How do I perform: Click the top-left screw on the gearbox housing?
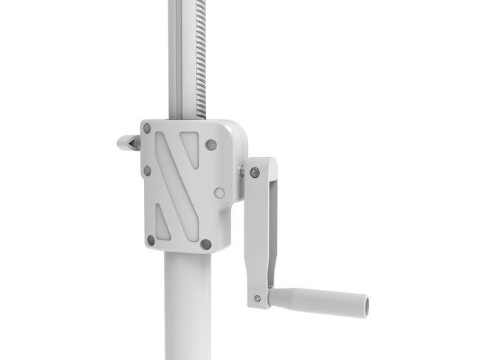(147, 128)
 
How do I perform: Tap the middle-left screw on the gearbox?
(147, 170)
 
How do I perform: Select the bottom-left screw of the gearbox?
(151, 240)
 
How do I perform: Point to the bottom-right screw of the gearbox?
(207, 243)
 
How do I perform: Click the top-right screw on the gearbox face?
(211, 145)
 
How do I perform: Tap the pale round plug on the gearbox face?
(219, 193)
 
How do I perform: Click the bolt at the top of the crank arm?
(255, 173)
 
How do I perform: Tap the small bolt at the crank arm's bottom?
(257, 298)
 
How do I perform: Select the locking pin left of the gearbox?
(127, 142)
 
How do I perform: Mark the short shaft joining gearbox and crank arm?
(242, 172)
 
